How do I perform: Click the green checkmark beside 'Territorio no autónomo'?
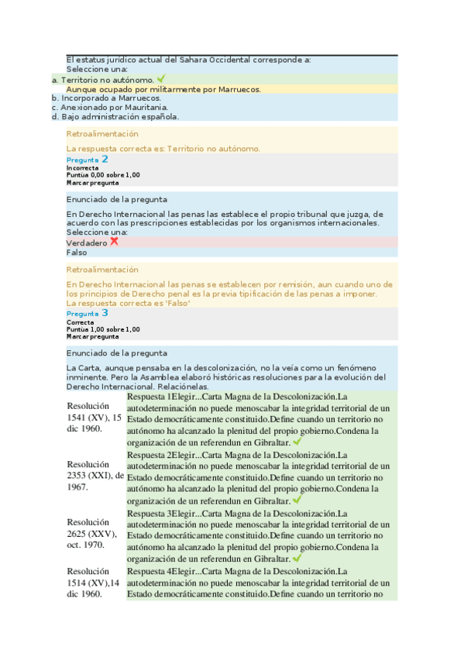[161, 78]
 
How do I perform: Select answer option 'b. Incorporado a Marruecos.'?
[106, 98]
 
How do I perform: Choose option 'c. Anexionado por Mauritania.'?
[109, 108]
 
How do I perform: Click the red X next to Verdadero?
[115, 242]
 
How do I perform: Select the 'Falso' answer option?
[77, 253]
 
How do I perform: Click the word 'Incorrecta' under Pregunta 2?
[82, 167]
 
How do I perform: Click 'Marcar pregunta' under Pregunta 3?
[93, 337]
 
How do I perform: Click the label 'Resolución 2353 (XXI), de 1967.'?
[95, 475]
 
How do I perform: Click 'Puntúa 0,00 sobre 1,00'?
[103, 175]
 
